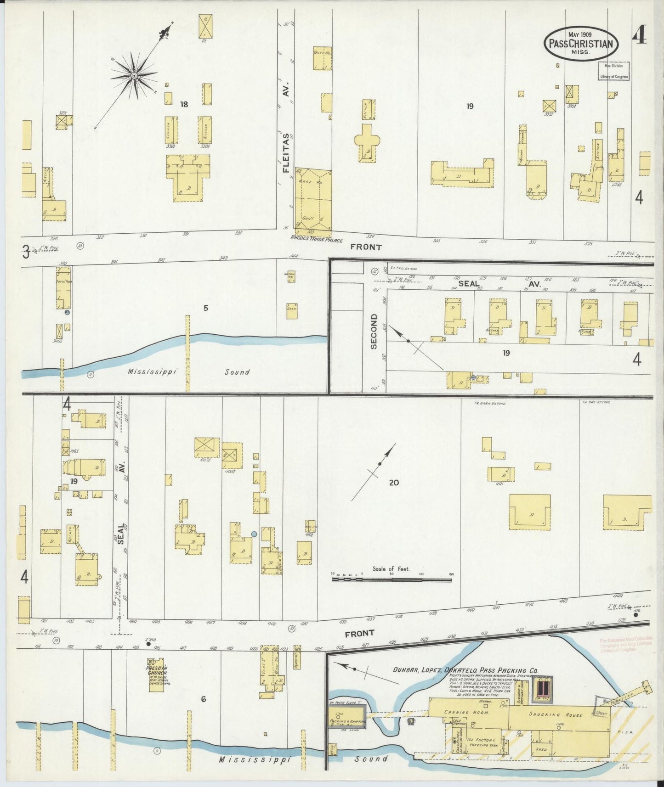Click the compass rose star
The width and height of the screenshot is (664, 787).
pyautogui.click(x=134, y=75)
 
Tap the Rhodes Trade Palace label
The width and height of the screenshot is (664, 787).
pyautogui.click(x=317, y=240)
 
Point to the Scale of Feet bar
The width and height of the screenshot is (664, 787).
pyautogui.click(x=392, y=579)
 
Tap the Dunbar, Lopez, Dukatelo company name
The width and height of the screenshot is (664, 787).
pyautogui.click(x=465, y=670)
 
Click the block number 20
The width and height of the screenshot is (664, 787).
pyautogui.click(x=393, y=483)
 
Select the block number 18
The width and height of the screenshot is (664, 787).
pyautogui.click(x=184, y=105)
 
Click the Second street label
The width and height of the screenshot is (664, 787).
pyautogui.click(x=373, y=331)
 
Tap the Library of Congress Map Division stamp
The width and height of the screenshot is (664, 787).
pyautogui.click(x=614, y=71)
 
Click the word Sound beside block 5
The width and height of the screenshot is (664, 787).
pyautogui.click(x=237, y=372)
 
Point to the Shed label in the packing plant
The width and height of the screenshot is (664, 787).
pyautogui.click(x=541, y=749)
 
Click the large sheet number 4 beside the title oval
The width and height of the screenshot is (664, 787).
pyautogui.click(x=639, y=35)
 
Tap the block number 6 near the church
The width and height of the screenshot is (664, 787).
pyautogui.click(x=203, y=699)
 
